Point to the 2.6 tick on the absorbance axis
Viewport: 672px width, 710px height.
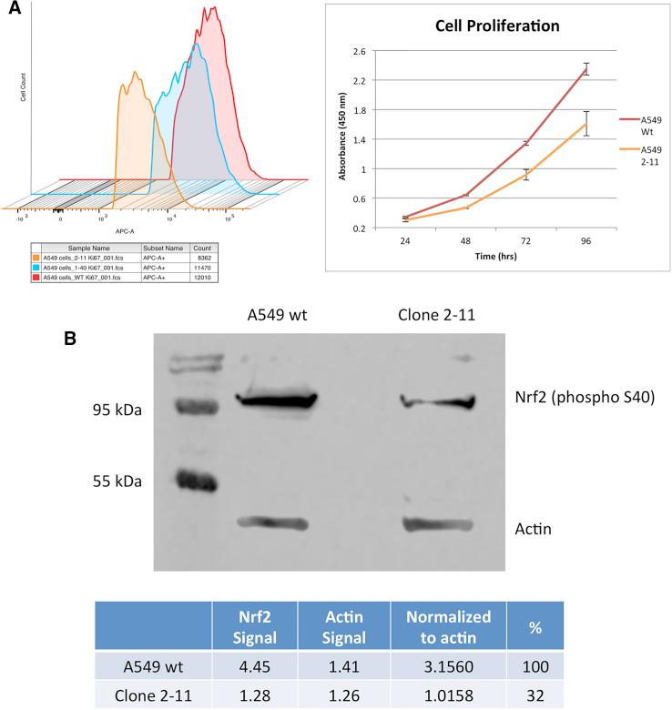[357, 51]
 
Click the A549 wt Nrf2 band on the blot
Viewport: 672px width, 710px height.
[275, 400]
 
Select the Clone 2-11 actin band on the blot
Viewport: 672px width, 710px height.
[439, 523]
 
